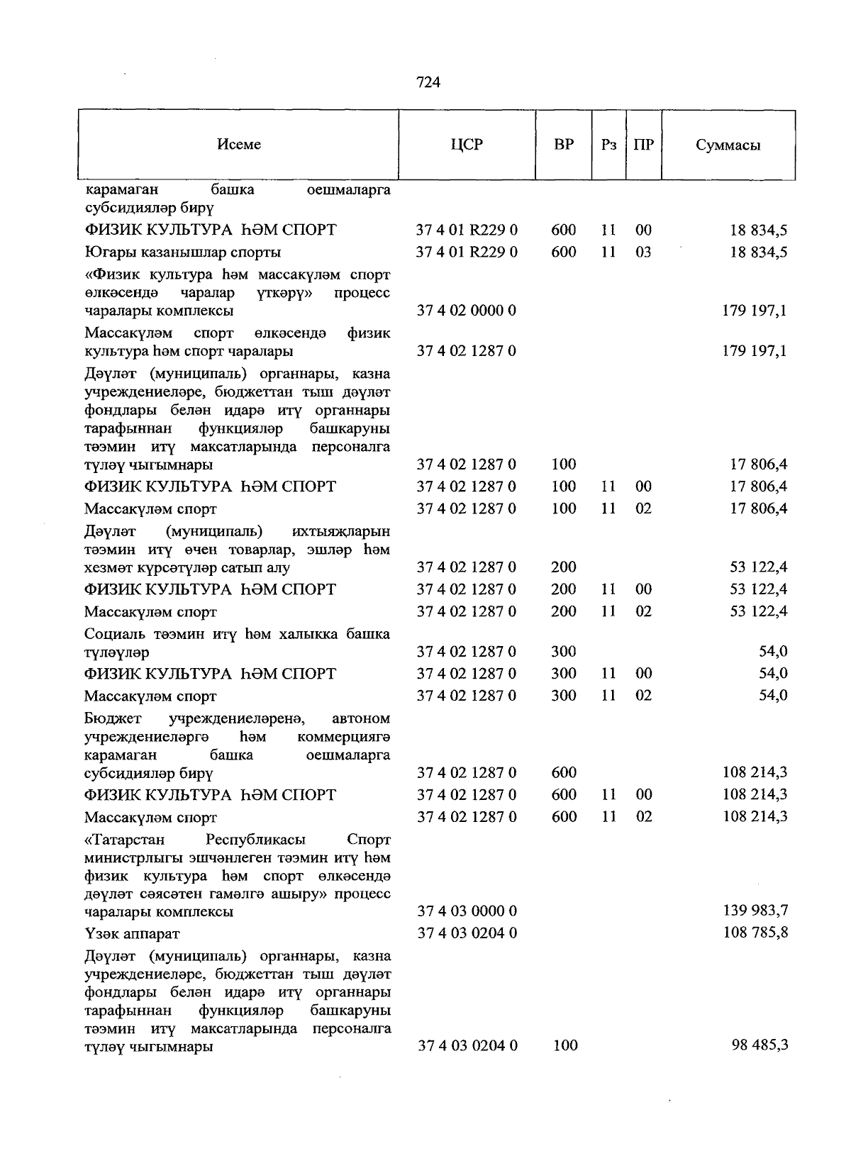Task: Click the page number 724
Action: pyautogui.click(x=428, y=82)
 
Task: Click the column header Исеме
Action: pyautogui.click(x=239, y=145)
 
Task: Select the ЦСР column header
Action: pyautogui.click(x=466, y=145)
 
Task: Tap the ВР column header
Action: pyautogui.click(x=564, y=145)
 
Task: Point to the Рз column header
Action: pyautogui.click(x=608, y=145)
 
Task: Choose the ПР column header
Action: pyautogui.click(x=643, y=145)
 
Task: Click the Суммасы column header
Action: pyautogui.click(x=728, y=145)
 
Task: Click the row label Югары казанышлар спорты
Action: pyautogui.click(x=182, y=252)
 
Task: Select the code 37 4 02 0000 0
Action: pyautogui.click(x=467, y=311)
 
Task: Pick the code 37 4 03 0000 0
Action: pyautogui.click(x=467, y=911)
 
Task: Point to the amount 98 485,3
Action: pyautogui.click(x=760, y=1045)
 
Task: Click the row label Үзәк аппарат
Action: pyautogui.click(x=132, y=933)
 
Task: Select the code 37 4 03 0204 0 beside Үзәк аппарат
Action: pyautogui.click(x=467, y=933)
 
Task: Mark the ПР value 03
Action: pyautogui.click(x=643, y=252)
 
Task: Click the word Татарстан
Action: pyautogui.click(x=125, y=840)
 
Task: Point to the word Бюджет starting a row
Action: pyautogui.click(x=113, y=719)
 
